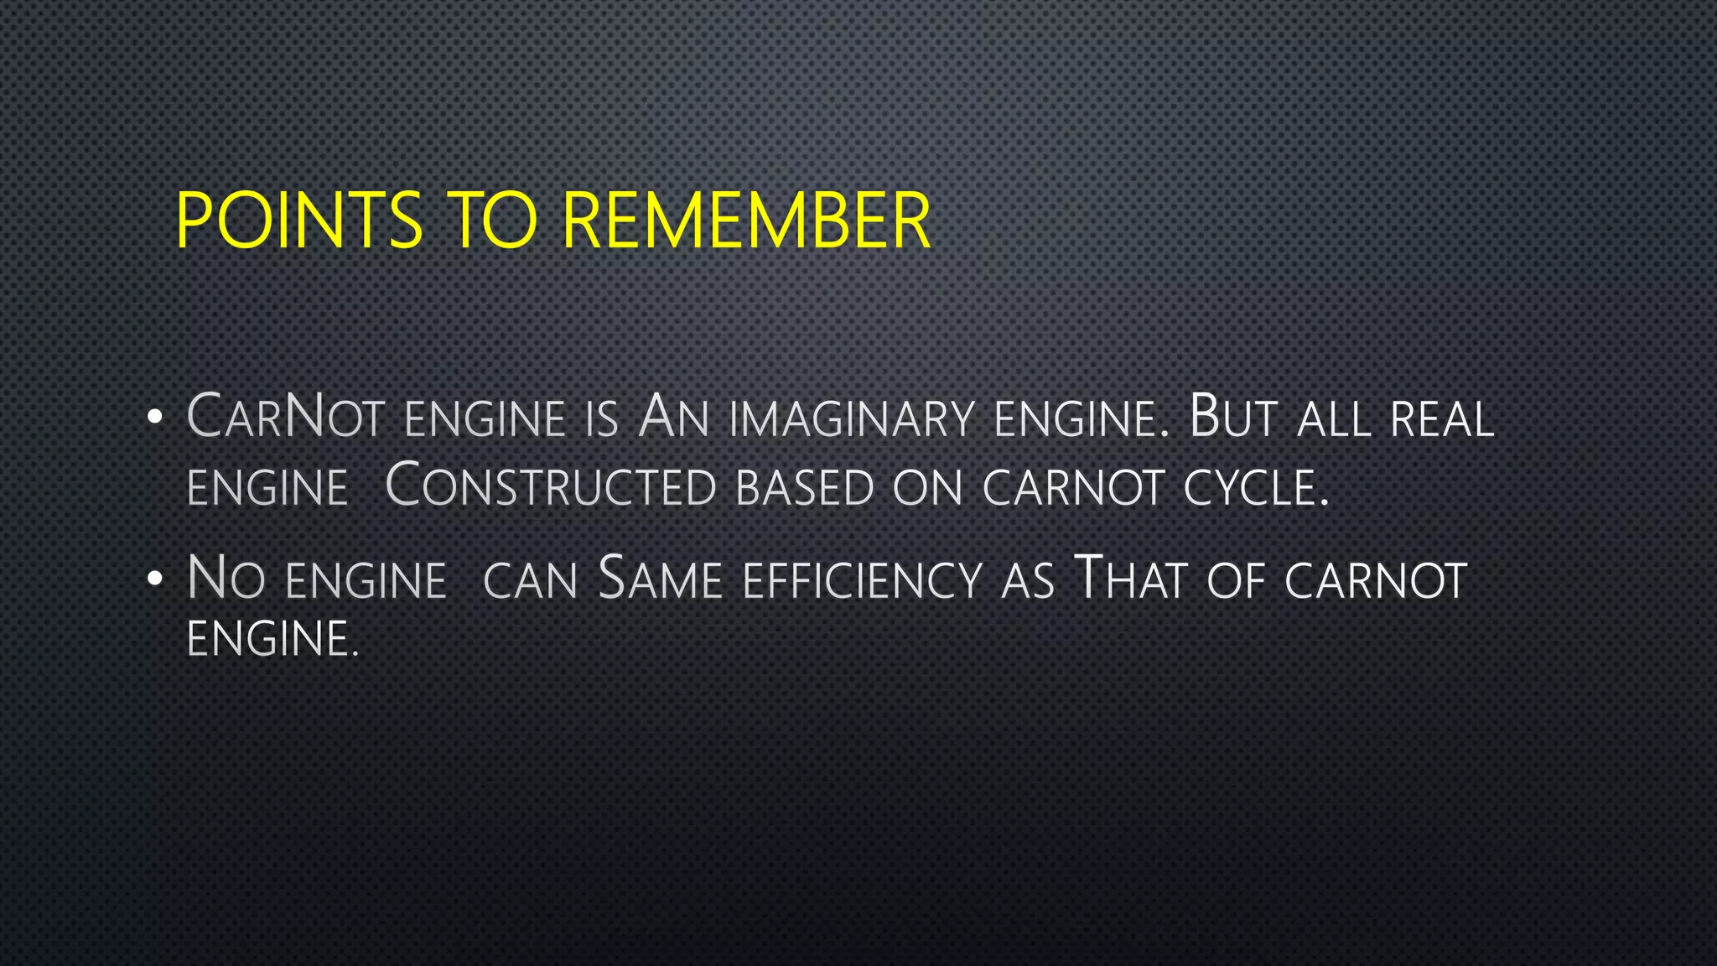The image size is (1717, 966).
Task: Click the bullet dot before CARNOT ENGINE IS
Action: coord(153,418)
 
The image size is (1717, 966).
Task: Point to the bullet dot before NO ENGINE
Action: coord(153,579)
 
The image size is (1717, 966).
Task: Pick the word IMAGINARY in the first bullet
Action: coord(852,418)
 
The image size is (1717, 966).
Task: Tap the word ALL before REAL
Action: coord(1334,418)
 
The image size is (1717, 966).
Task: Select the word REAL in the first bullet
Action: coord(1442,418)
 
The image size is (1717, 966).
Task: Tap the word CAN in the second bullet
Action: coord(531,580)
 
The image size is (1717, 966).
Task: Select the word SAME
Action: coord(661,579)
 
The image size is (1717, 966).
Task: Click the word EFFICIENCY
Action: coord(862,580)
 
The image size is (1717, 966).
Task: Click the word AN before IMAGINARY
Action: coord(673,417)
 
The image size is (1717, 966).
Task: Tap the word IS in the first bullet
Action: coord(602,418)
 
